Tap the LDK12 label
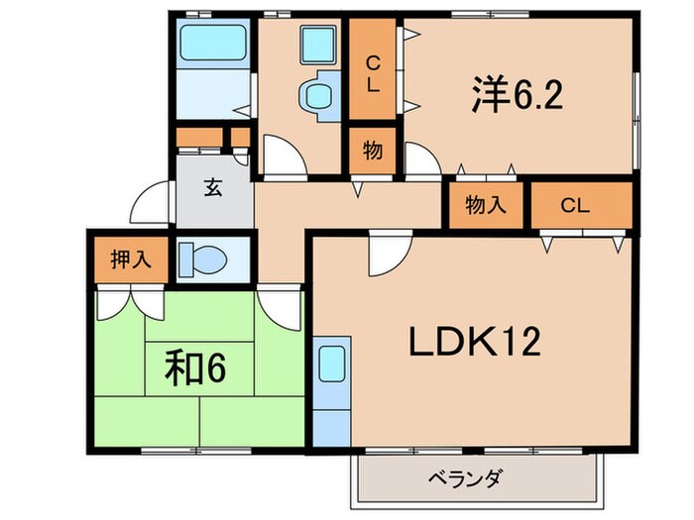pyautogui.click(x=475, y=344)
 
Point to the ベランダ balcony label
pyautogui.click(x=467, y=479)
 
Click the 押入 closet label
pyautogui.click(x=130, y=260)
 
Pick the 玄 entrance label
pyautogui.click(x=213, y=187)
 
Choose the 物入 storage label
pyautogui.click(x=486, y=206)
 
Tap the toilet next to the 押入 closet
pyautogui.click(x=204, y=261)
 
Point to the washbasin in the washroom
pyautogui.click(x=317, y=96)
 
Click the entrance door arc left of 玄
pyautogui.click(x=148, y=206)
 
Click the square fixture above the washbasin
pyautogui.click(x=318, y=45)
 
